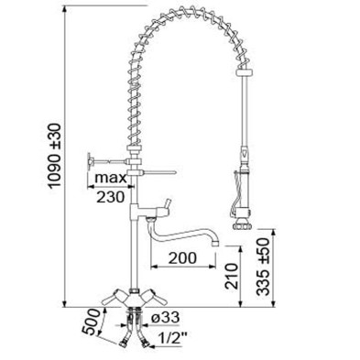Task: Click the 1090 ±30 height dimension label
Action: pyautogui.click(x=55, y=156)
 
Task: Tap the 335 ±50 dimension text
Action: pyautogui.click(x=263, y=267)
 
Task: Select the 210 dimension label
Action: pyautogui.click(x=231, y=276)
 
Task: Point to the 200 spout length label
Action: pyautogui.click(x=182, y=258)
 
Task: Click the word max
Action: pyautogui.click(x=110, y=178)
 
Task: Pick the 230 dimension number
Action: pyautogui.click(x=111, y=197)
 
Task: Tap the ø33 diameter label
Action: pyautogui.click(x=165, y=318)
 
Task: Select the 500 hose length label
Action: pyautogui.click(x=92, y=322)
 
